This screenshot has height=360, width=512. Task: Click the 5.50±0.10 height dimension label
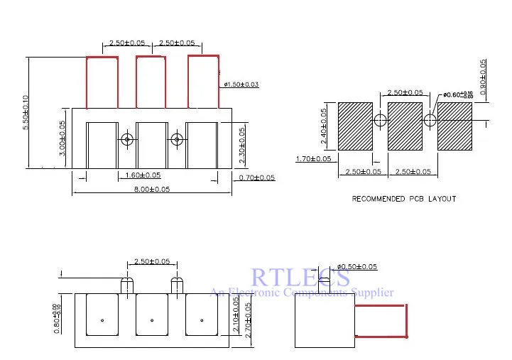(x=26, y=111)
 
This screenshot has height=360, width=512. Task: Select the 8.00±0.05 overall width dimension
(x=151, y=189)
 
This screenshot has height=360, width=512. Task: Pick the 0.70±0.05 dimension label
(x=257, y=178)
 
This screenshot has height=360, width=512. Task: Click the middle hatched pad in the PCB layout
(x=405, y=126)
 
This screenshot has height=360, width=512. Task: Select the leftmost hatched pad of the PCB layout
(x=355, y=126)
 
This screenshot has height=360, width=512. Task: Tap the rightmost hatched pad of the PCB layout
(x=454, y=126)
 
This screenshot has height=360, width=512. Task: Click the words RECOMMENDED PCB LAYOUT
(x=404, y=199)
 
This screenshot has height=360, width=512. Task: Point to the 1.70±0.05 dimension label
(x=313, y=158)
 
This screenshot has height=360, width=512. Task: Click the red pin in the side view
(x=381, y=320)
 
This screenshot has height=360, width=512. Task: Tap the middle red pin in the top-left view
(x=150, y=82)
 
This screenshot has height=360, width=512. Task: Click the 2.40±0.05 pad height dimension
(x=325, y=126)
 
